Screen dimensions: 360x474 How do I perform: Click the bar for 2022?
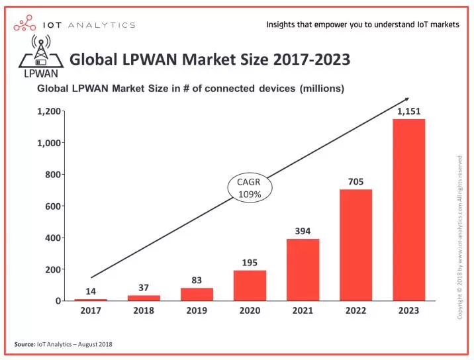[355, 245]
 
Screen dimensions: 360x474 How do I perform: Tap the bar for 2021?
[303, 269]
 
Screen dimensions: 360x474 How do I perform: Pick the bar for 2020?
[250, 285]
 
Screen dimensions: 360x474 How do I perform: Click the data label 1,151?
[408, 111]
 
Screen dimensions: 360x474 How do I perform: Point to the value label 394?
[303, 231]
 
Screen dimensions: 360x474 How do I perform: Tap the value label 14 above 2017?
[91, 291]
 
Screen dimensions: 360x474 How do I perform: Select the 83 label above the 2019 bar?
[197, 280]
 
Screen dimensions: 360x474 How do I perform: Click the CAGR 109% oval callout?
[249, 188]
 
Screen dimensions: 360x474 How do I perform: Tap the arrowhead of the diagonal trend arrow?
[406, 100]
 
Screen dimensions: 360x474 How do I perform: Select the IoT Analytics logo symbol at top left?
[24, 25]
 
